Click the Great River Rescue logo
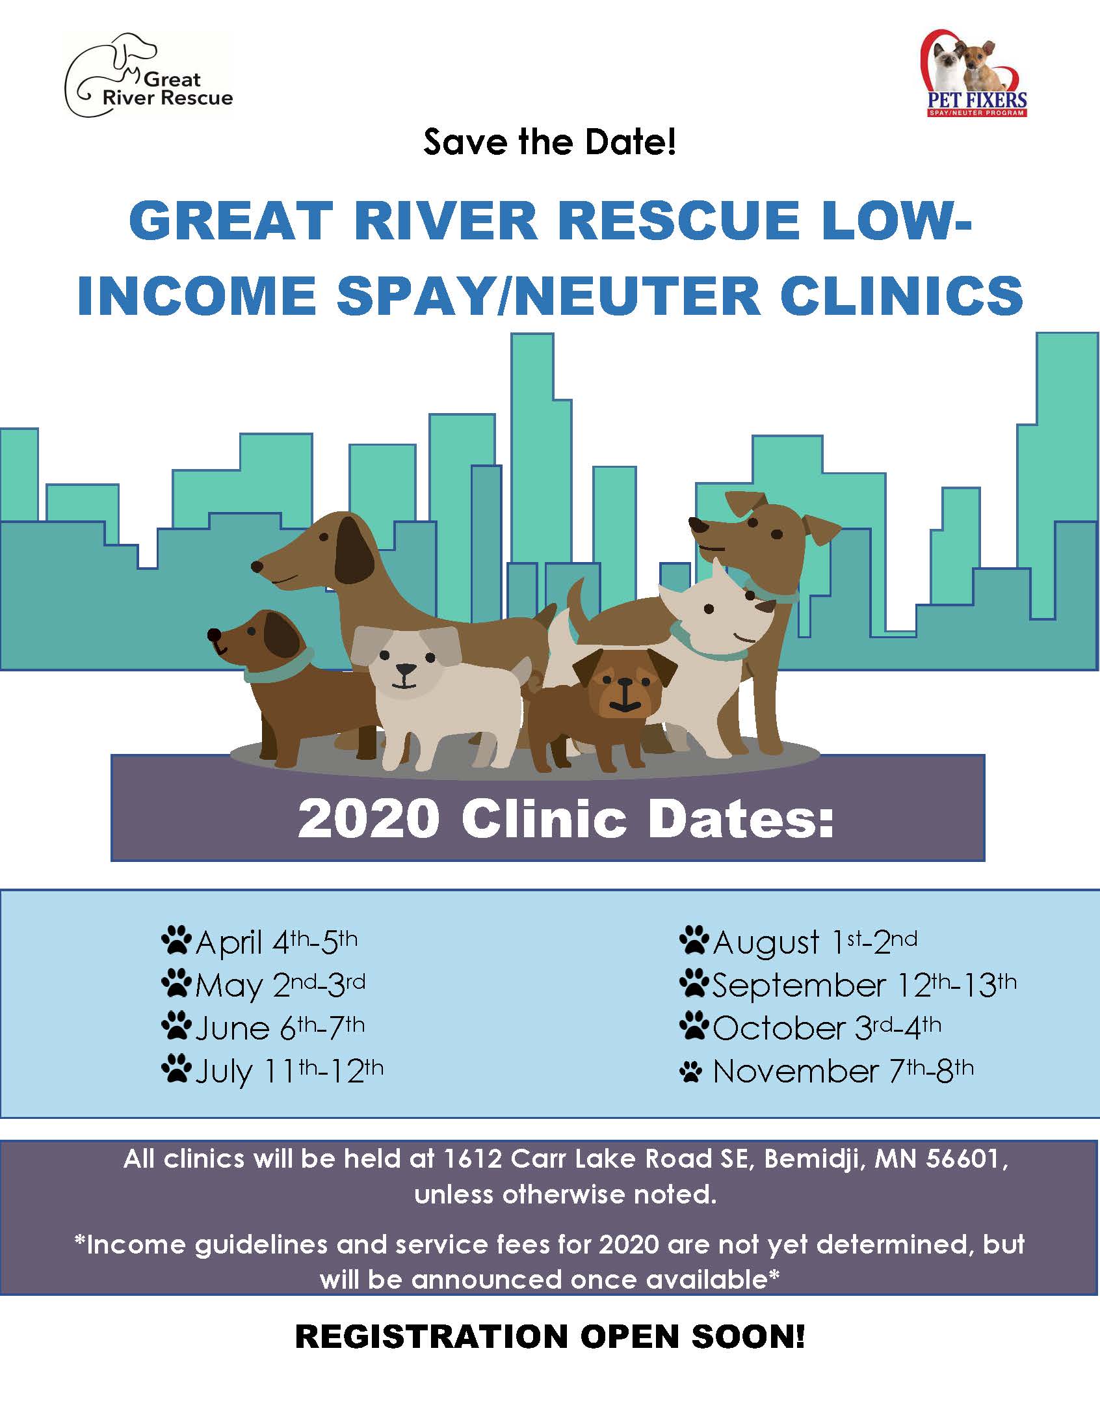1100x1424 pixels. tap(149, 75)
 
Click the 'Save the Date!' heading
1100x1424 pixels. tap(549, 141)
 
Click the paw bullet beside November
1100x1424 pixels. tap(692, 1072)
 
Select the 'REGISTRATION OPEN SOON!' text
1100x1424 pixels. tap(550, 1337)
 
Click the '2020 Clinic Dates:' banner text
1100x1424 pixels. tap(566, 819)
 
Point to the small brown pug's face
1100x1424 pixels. tap(624, 688)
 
